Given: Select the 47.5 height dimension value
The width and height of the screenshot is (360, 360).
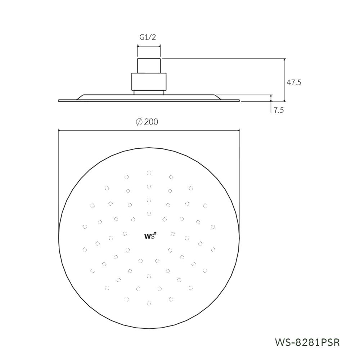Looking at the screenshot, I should pos(294,82).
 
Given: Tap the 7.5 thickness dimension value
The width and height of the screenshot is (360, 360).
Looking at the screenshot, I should pos(279,111).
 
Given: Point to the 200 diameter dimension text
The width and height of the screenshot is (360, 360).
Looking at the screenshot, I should pos(151,122).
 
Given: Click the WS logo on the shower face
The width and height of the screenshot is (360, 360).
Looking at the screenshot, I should pos(150,236).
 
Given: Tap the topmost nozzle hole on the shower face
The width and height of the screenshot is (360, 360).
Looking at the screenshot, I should pos(149,173).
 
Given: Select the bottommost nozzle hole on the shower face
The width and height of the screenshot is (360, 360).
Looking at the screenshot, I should pos(149,303).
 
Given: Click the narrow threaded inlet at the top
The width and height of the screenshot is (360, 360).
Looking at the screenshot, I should pos(149,66).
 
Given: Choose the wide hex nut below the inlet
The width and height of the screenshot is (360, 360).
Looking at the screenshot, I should pos(149,82).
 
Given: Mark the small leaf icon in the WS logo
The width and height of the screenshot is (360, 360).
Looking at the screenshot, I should pos(156,234).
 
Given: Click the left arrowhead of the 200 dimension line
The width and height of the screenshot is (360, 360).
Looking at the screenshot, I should pos(60,131).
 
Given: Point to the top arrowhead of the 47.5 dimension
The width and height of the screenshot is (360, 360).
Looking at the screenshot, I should pos(284,60).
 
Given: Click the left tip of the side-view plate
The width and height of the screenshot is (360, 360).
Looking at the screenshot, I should pos(59,101).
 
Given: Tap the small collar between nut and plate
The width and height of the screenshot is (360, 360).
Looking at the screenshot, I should pos(149,93).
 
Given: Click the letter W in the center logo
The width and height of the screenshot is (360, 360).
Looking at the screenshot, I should pos(147,237).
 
